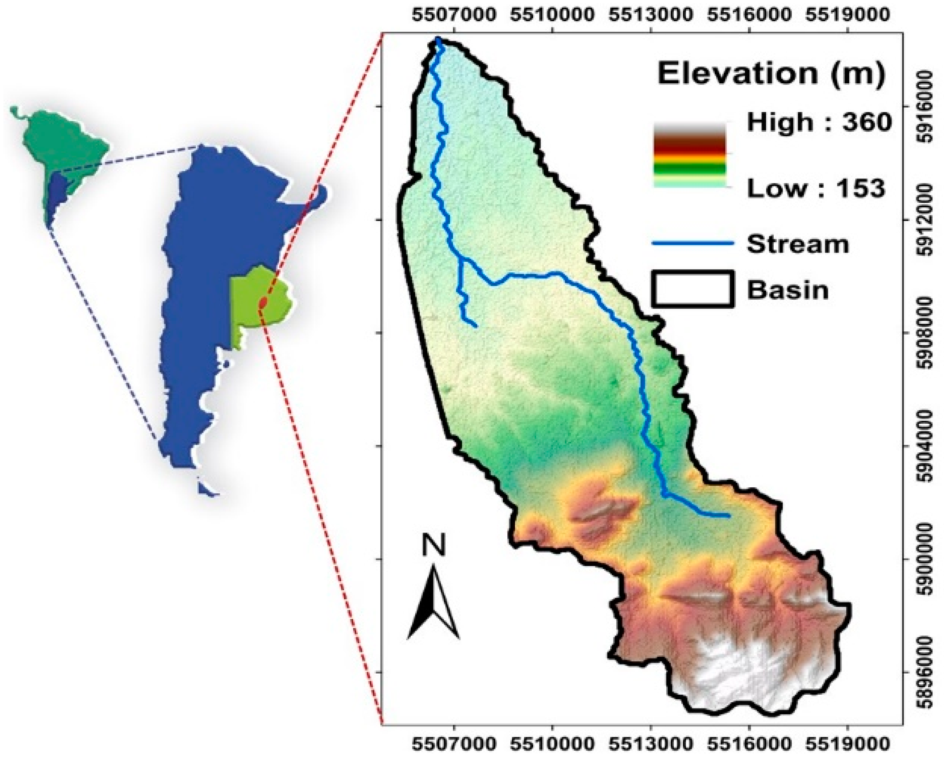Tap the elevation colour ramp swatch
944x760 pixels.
[690, 156]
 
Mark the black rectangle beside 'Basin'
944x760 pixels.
[692, 289]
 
